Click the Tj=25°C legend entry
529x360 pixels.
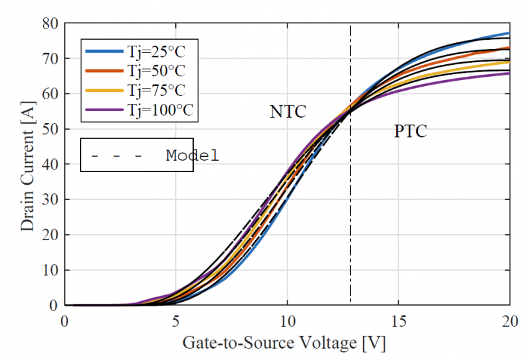[161, 50]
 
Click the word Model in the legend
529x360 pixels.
[192, 156]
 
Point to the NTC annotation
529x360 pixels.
[288, 112]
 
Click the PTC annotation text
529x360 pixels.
[411, 131]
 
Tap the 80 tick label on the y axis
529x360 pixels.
[52, 23]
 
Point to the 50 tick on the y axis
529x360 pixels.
[52, 129]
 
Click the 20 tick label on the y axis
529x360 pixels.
[52, 235]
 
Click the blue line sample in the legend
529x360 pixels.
[103, 50]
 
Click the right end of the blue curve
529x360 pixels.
[509, 33]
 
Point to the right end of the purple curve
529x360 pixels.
[509, 73]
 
